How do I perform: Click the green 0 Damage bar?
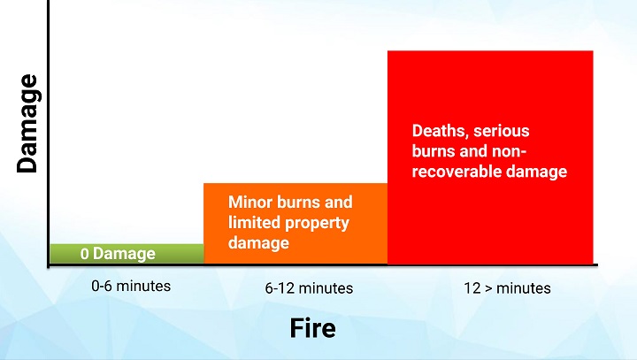coord(127,254)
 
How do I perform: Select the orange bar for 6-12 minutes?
coord(295,224)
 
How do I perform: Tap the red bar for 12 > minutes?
coord(490,157)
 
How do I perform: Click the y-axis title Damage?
coord(27,124)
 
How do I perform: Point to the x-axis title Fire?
coord(313,328)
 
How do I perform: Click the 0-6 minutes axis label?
coord(131,286)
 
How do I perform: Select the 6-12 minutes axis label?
coord(309,288)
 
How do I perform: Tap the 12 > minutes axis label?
coord(507,288)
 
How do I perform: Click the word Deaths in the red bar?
coord(441,131)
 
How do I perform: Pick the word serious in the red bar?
coord(502,131)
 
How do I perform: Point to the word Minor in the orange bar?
coord(249,202)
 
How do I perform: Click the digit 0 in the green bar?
coord(85,254)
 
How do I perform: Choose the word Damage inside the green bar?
coord(124,255)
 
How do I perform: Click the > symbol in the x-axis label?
coord(488,289)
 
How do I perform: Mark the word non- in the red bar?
coord(509,151)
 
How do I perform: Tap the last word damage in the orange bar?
coord(258,243)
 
